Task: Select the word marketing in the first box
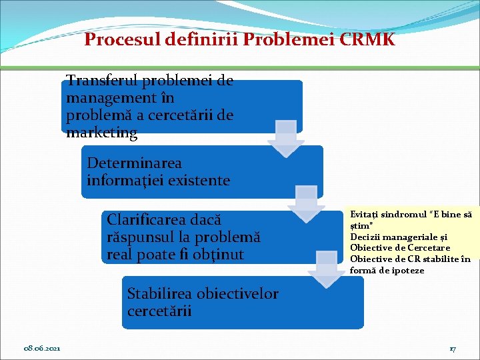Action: (x=102, y=133)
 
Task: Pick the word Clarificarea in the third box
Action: (x=145, y=219)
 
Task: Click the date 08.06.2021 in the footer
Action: (x=42, y=349)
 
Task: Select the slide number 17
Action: (x=452, y=349)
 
